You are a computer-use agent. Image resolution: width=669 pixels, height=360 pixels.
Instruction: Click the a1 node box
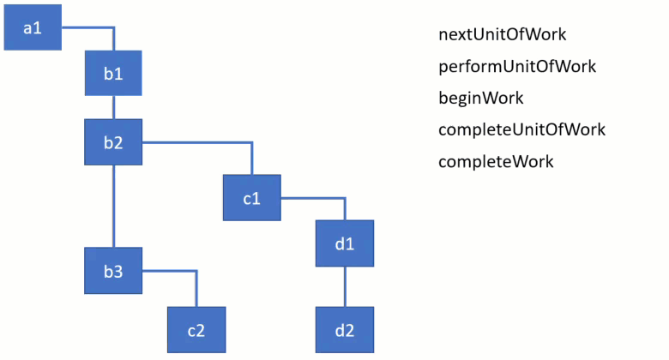click(33, 27)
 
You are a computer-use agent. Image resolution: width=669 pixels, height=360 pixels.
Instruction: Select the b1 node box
click(113, 74)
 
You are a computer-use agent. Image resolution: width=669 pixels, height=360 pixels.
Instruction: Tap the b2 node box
click(113, 142)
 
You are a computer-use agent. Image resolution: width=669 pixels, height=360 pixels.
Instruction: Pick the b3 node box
click(113, 271)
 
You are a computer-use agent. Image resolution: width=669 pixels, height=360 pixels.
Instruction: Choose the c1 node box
click(251, 198)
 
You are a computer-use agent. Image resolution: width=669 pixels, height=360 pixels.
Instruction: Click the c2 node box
click(196, 329)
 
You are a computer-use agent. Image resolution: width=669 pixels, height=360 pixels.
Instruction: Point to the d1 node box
click(345, 243)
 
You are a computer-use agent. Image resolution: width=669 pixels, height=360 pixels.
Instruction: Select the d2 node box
click(345, 329)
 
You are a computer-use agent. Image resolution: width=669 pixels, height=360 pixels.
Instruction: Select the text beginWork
click(480, 98)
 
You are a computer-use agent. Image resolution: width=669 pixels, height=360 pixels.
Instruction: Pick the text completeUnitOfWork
click(521, 129)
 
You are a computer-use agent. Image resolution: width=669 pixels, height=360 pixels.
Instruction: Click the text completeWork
click(496, 161)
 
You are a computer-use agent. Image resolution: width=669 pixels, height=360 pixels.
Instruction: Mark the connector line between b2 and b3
click(113, 206)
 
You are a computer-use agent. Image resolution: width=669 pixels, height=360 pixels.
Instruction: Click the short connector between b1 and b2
click(113, 108)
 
